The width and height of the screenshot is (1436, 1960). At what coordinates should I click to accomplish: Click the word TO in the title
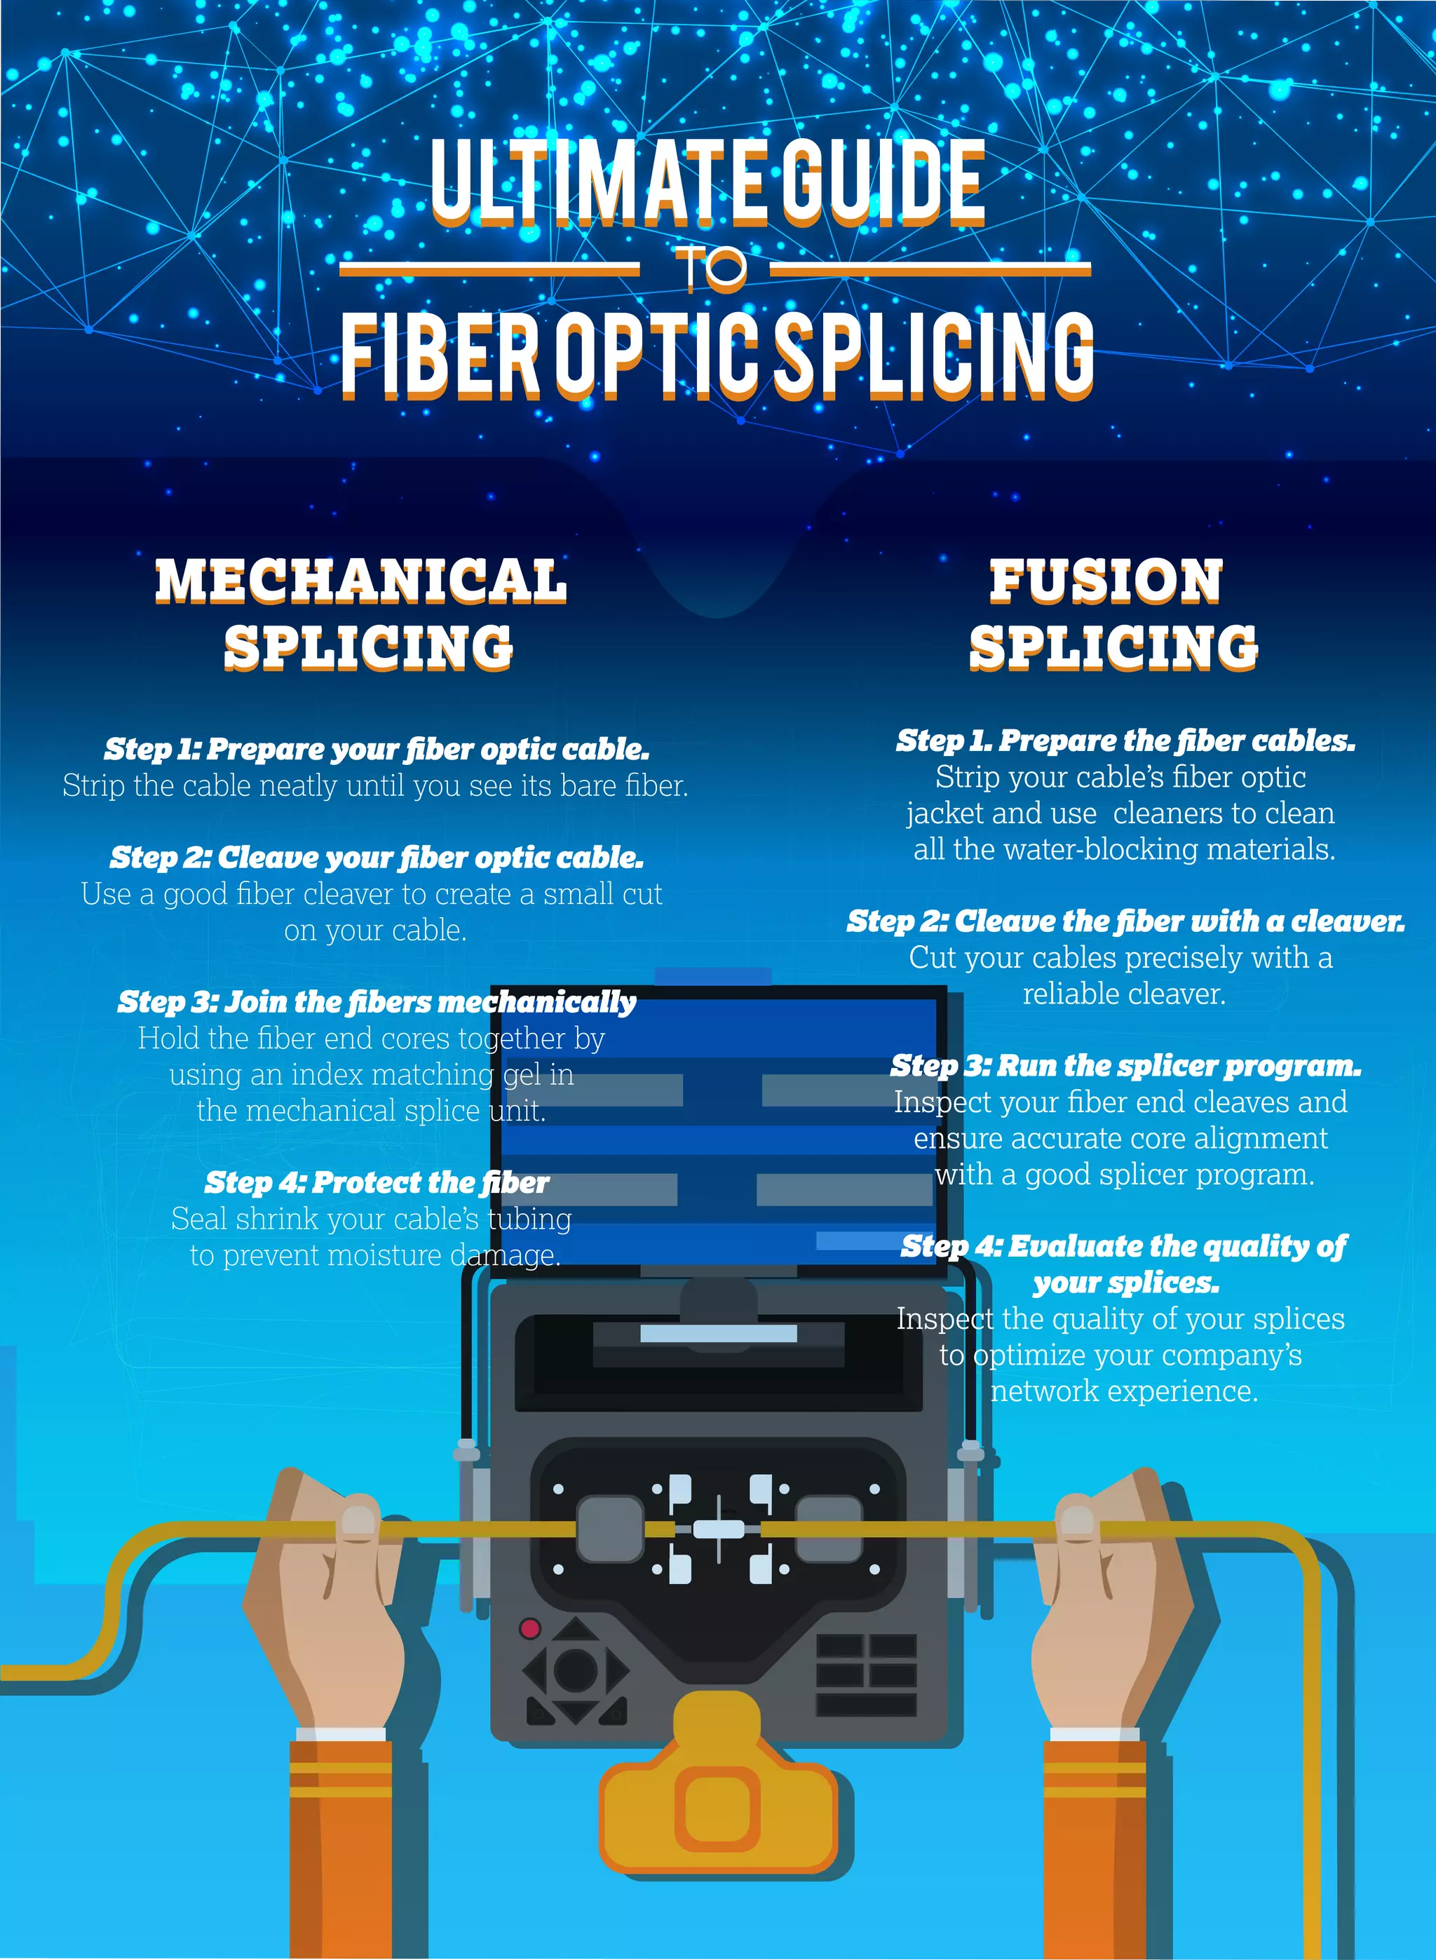tap(711, 268)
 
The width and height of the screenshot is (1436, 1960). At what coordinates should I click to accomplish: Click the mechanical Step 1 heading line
tap(377, 749)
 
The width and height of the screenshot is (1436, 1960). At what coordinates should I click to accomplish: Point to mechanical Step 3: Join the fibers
tap(377, 1002)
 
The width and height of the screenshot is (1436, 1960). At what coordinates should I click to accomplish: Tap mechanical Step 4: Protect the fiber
tap(377, 1183)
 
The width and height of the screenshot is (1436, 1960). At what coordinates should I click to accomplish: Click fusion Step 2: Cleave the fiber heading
tap(1125, 921)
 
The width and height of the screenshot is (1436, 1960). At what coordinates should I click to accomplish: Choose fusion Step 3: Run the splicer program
tap(1125, 1066)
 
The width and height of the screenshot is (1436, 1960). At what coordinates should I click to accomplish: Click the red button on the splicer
tap(529, 1628)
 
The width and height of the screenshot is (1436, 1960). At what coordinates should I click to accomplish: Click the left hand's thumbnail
tap(358, 1520)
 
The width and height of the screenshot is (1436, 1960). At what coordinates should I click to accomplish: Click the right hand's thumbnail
tap(1076, 1520)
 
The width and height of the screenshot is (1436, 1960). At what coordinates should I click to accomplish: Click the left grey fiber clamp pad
tap(609, 1529)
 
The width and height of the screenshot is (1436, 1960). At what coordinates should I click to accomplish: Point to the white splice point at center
tap(718, 1529)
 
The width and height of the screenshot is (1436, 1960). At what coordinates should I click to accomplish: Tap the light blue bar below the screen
tap(718, 1333)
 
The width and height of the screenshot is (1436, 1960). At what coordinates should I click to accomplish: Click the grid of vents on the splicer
tap(866, 1674)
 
